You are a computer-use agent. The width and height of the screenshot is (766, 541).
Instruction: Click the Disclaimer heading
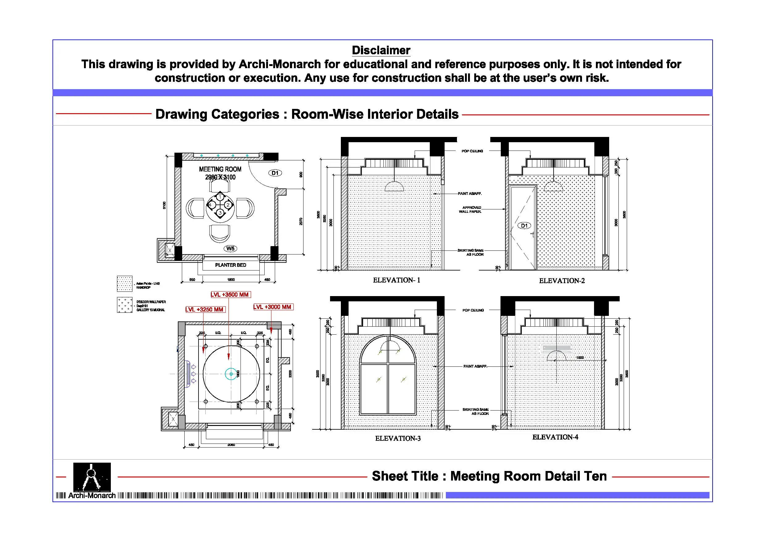(381, 50)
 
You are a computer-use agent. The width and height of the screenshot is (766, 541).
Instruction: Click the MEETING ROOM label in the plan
(220, 169)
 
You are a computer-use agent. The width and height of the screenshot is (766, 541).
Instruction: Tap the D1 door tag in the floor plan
(275, 173)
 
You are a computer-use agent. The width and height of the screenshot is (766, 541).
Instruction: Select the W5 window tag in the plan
(230, 249)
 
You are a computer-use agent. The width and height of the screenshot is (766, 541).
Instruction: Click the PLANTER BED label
(231, 265)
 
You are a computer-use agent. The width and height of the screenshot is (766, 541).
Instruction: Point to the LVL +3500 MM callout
(230, 295)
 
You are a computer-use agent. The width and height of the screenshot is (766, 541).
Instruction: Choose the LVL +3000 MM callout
(273, 307)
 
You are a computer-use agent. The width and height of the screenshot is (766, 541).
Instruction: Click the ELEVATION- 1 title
(396, 280)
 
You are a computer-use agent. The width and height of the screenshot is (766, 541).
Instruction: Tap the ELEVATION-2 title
(562, 281)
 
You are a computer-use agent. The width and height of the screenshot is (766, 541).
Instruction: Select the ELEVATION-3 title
(398, 439)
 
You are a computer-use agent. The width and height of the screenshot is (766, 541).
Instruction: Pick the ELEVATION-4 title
(555, 437)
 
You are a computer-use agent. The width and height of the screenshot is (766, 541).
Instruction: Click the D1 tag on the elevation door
(524, 226)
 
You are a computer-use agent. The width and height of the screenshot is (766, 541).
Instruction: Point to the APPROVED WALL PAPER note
(470, 209)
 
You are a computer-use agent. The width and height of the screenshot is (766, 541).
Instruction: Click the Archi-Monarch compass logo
(92, 477)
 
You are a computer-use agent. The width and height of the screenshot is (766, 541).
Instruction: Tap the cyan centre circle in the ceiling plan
(231, 374)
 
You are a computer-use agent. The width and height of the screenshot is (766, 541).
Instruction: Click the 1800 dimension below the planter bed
(231, 280)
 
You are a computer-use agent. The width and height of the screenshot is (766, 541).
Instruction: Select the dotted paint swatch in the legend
(124, 284)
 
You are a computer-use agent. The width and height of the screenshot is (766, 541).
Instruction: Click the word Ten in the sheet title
(595, 476)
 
